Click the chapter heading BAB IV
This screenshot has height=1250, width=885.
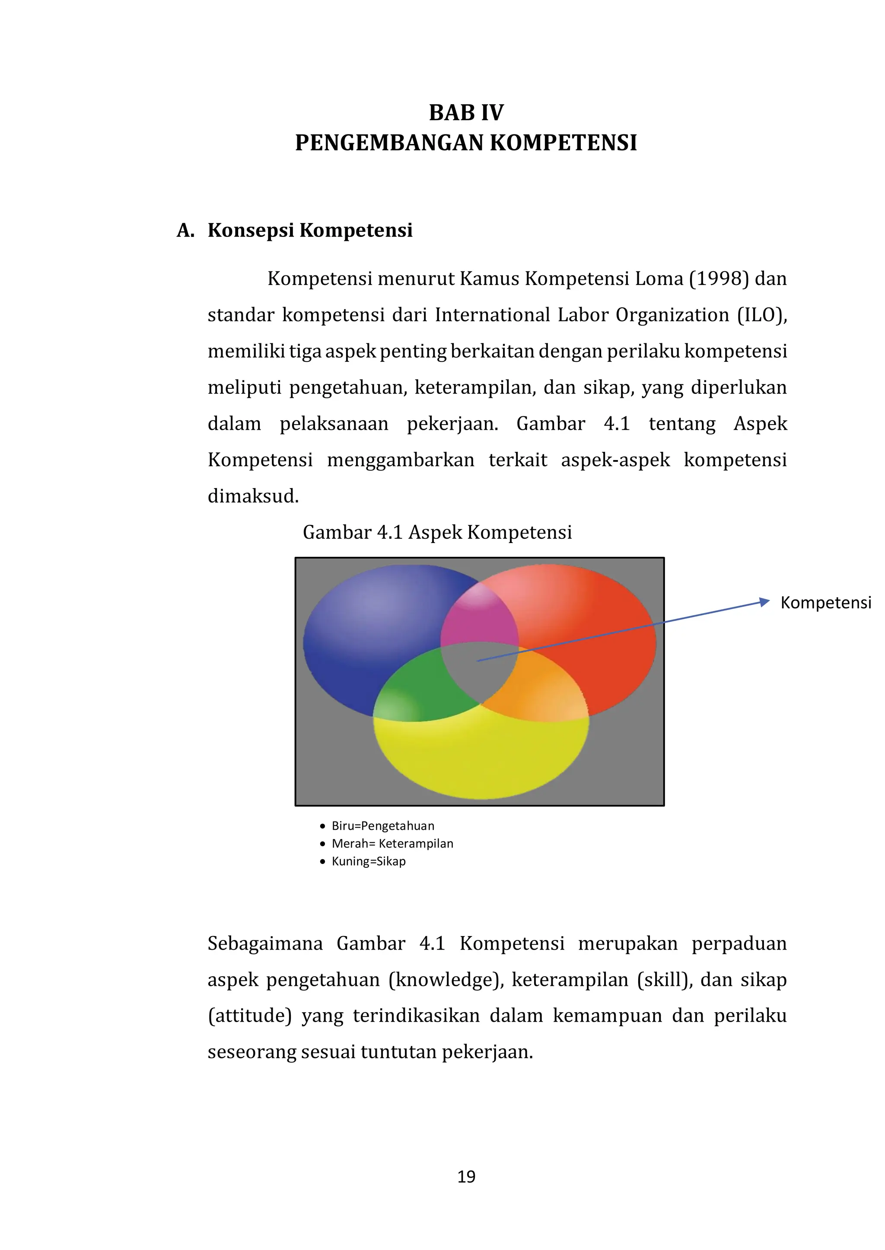click(x=466, y=113)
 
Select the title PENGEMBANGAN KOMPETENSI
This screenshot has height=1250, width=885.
click(x=466, y=143)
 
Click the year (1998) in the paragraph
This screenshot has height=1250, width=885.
click(x=719, y=279)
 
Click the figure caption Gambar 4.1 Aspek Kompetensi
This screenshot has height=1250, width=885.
click(x=437, y=532)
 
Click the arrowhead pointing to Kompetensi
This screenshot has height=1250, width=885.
click(x=764, y=602)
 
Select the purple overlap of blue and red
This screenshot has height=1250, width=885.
click(x=478, y=619)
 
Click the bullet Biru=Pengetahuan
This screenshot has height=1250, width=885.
click(x=382, y=826)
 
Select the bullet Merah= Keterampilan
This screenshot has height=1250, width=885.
click(x=392, y=843)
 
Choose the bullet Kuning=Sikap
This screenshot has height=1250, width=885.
click(x=368, y=861)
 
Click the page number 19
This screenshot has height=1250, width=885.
click(x=466, y=1176)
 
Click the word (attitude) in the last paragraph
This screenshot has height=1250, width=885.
click(x=250, y=1016)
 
